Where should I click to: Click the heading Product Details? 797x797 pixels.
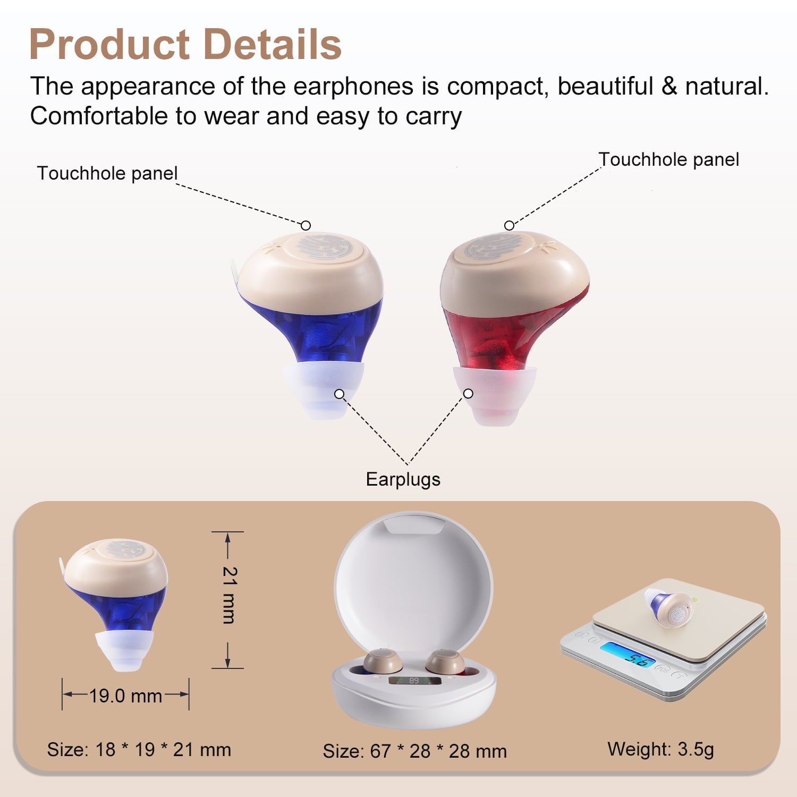tap(185, 44)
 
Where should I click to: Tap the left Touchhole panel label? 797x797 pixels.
tap(107, 173)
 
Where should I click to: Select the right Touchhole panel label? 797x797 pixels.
tap(668, 159)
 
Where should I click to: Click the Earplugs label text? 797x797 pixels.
tap(403, 479)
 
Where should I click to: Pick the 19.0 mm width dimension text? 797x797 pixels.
tap(125, 696)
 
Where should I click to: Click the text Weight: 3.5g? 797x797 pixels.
tap(660, 749)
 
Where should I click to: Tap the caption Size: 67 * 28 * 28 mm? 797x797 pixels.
tap(414, 751)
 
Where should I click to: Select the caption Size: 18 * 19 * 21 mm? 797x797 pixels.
tap(139, 750)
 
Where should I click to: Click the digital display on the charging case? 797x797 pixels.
tap(414, 681)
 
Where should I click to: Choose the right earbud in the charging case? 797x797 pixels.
tap(445, 663)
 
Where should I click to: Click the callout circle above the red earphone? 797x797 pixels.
tap(509, 225)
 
